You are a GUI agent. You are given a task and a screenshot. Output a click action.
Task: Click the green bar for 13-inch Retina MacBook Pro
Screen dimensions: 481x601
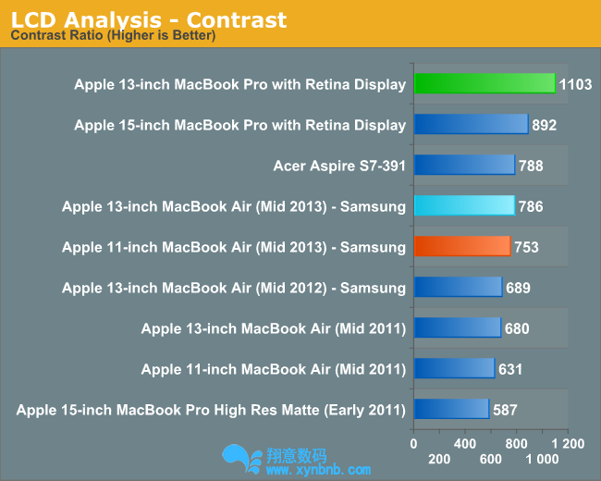[x=484, y=84]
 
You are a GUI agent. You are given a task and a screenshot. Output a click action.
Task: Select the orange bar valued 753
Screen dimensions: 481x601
[x=461, y=247]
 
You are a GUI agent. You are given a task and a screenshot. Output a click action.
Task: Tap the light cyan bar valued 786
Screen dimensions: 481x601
[x=463, y=206]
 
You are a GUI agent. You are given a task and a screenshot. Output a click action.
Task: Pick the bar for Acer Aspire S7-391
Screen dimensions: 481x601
[x=464, y=166]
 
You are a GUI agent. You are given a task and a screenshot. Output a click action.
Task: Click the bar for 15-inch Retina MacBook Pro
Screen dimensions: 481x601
[x=471, y=125]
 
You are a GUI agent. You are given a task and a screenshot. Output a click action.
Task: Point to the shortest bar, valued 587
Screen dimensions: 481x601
[x=451, y=410]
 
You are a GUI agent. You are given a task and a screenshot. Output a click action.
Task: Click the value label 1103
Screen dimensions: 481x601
[x=576, y=84]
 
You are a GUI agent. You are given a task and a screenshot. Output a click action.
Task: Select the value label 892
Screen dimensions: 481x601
[x=545, y=125]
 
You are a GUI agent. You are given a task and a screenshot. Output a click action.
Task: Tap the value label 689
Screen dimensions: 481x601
[x=518, y=288]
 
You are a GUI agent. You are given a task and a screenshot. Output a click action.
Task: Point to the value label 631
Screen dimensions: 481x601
[x=510, y=369]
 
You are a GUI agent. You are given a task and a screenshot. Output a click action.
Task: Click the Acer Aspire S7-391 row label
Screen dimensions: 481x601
[x=339, y=166]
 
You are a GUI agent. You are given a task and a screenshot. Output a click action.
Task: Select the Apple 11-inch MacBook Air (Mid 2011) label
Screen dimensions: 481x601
[x=273, y=369]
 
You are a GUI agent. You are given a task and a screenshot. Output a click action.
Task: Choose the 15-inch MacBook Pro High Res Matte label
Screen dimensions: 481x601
[x=211, y=410]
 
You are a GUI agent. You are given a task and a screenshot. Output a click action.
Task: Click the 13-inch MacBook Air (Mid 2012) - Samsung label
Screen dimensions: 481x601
[x=233, y=288]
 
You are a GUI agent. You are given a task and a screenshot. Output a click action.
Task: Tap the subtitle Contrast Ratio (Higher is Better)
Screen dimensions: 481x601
[x=113, y=36]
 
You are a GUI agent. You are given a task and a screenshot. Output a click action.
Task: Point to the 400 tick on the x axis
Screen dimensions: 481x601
[x=464, y=443]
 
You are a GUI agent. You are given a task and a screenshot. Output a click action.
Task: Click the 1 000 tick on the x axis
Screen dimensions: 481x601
[x=542, y=459]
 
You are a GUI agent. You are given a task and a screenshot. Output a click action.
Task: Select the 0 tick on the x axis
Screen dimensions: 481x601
[x=413, y=443]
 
